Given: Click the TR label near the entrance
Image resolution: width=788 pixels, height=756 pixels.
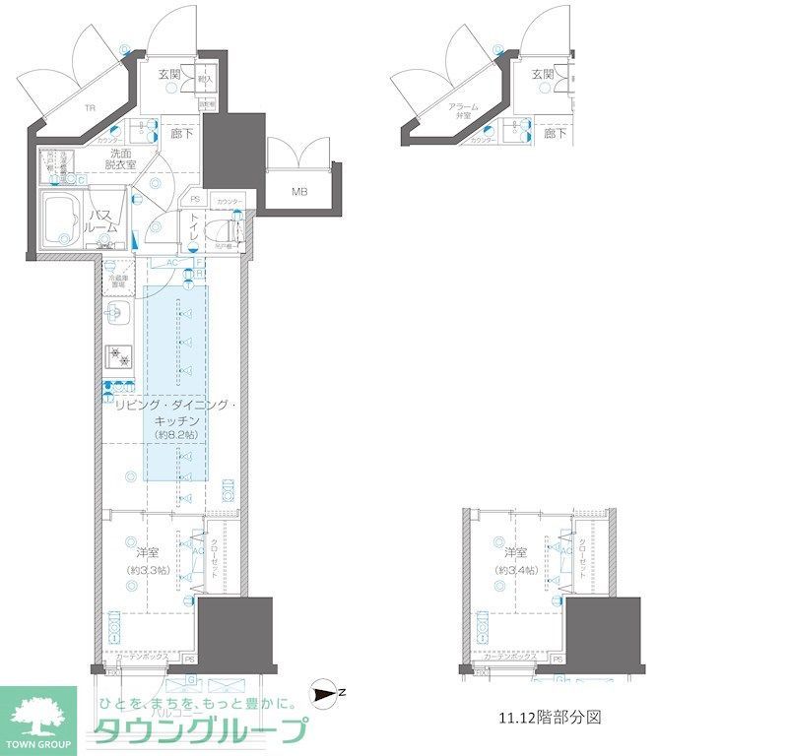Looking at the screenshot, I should pos(89,107).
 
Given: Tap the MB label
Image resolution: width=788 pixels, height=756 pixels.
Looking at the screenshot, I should pos(298,192).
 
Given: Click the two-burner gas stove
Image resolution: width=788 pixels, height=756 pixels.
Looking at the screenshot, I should pos(117,354).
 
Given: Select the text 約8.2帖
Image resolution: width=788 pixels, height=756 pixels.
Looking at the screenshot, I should pos(176,434).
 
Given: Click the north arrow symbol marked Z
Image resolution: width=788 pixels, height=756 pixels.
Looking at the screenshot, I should pos(321,694).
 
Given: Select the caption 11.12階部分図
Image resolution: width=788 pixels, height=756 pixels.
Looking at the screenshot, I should pos(547,717).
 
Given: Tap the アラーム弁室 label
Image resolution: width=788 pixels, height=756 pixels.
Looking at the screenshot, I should pos(462,110).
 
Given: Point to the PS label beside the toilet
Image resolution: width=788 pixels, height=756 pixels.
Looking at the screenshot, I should pos(195,200).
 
